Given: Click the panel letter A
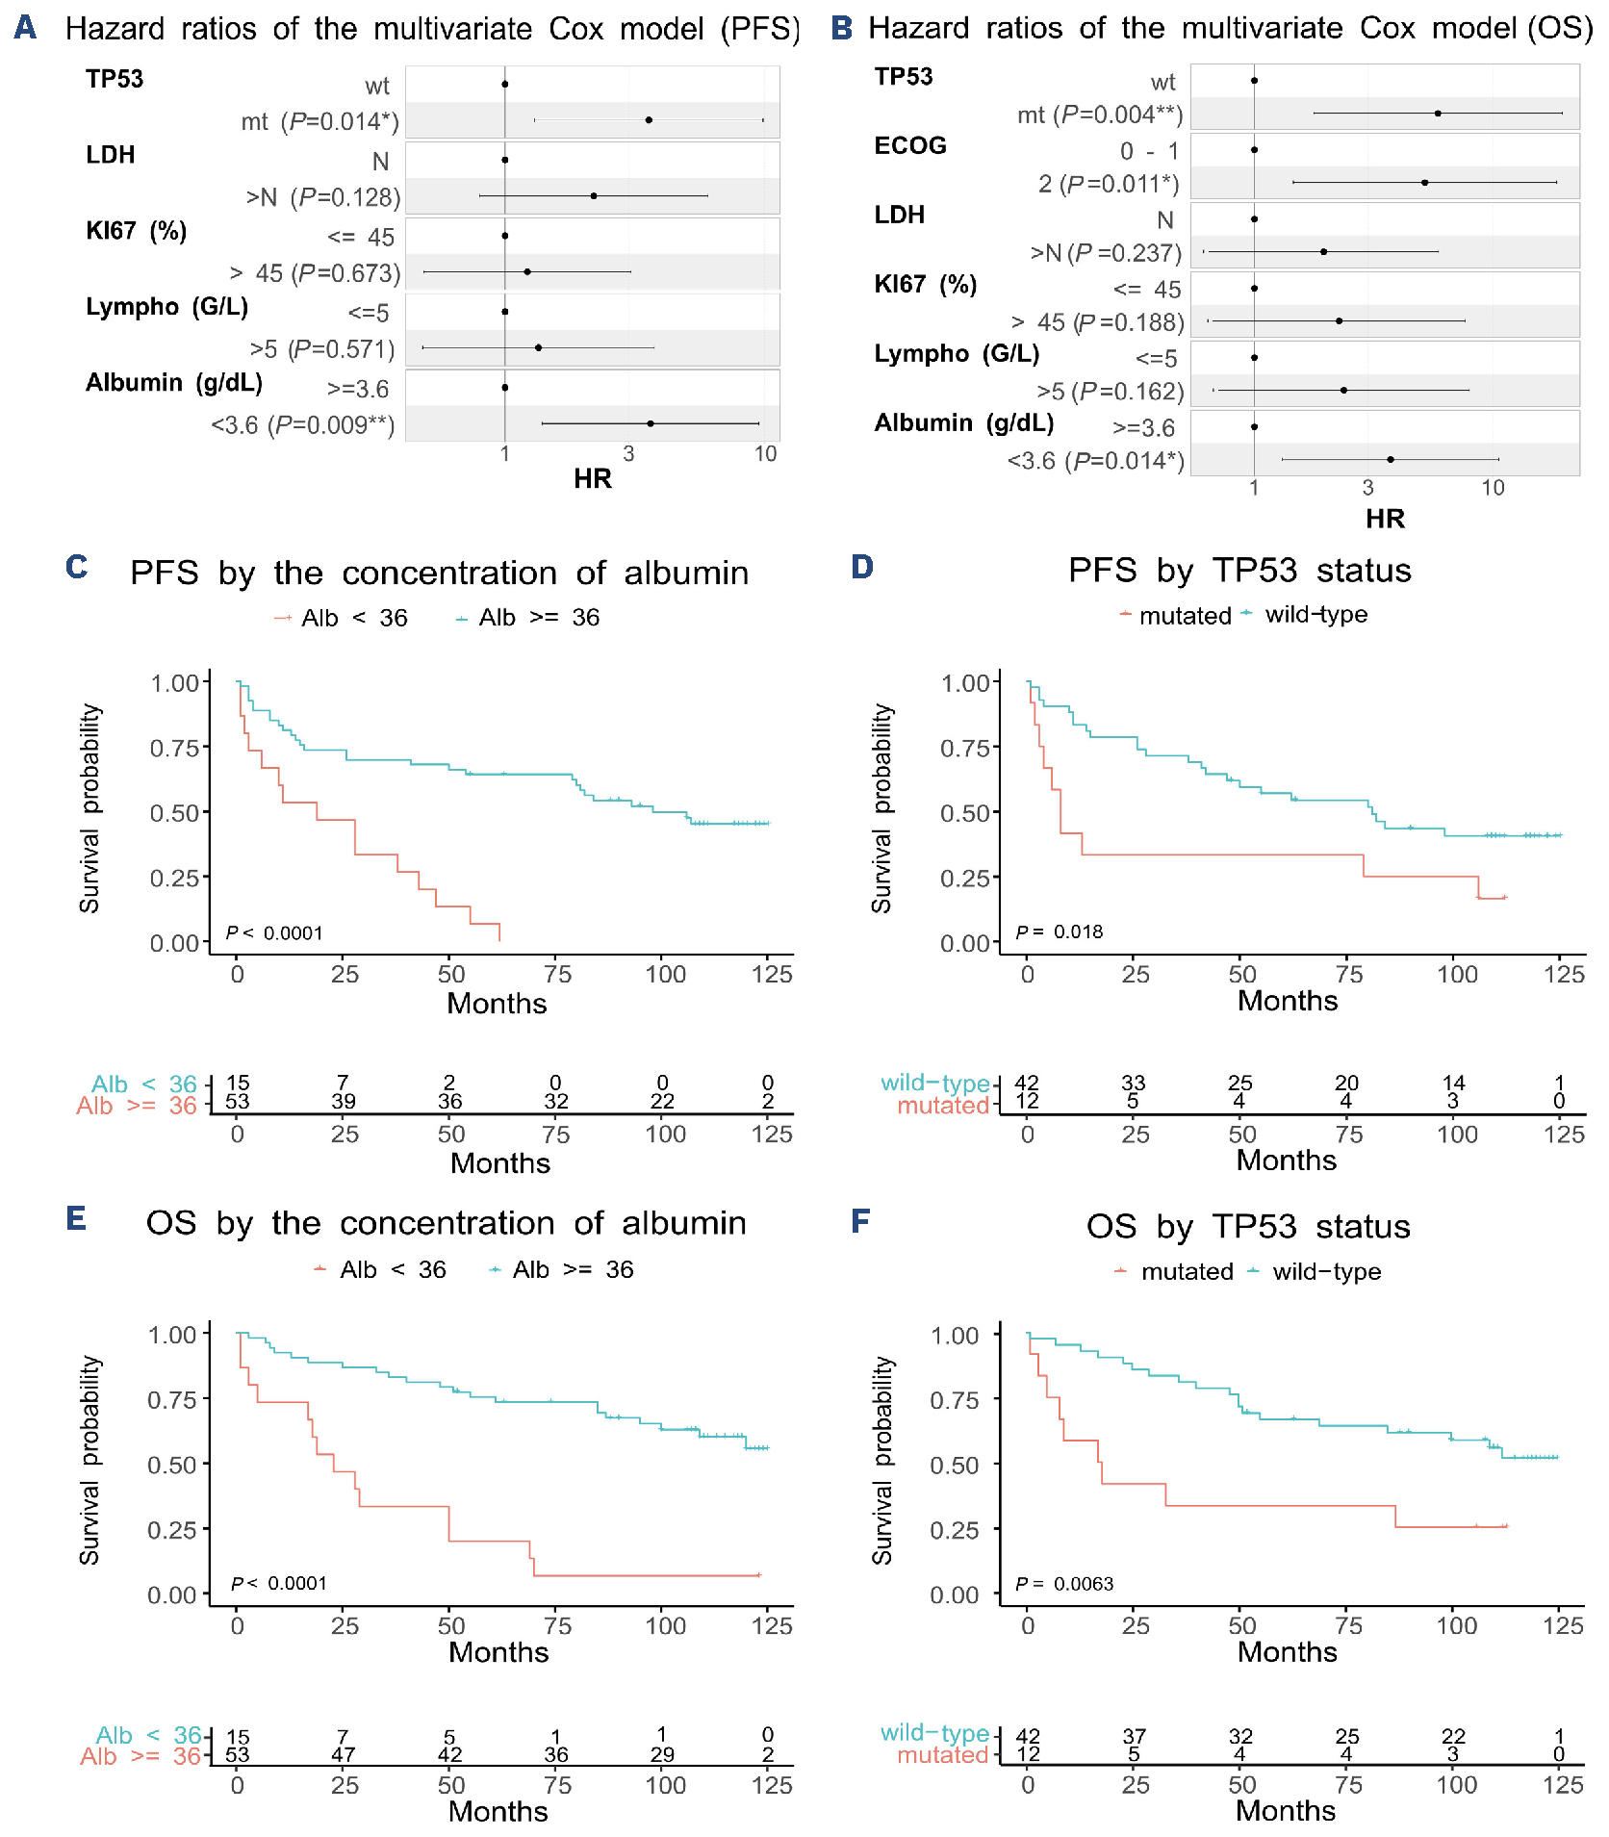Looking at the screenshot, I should pos(26,27).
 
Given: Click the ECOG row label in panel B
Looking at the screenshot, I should pos(909,145).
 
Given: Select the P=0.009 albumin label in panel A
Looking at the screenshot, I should pos(303,424).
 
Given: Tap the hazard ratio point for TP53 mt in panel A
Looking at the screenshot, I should pos(649,120).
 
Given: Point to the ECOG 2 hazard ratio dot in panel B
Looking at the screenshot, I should pos(1424,182).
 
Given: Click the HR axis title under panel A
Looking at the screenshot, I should pos(592,478).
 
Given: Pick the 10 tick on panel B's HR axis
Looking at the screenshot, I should pos(1493,488).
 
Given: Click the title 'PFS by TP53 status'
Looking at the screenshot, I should pos(1239,571).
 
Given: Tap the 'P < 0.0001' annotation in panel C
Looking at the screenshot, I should pos(274,932).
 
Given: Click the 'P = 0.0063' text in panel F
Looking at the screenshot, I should pos(1064,1583).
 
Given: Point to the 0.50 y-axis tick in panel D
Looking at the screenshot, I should pos(965,813).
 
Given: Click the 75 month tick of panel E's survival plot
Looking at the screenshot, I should pos(557,1625).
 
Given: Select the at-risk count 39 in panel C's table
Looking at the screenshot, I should pos(343,1101).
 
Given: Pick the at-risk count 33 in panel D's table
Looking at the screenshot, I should pos(1134,1083).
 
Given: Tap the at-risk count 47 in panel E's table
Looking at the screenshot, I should pos(343,1753).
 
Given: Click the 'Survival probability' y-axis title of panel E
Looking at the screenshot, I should pos(89,1460).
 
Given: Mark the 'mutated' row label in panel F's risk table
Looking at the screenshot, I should pos(942,1754).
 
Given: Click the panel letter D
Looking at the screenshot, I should pos(861,567).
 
